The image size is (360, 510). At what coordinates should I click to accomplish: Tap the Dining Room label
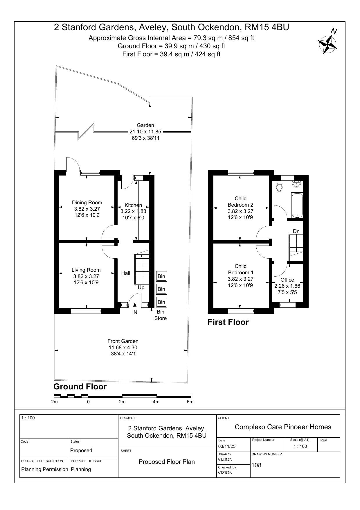click(x=87, y=203)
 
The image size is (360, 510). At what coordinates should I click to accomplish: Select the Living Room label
click(x=86, y=270)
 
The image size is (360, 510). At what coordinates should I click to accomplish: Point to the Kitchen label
click(x=133, y=205)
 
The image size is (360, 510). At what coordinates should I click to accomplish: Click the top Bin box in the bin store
click(x=161, y=276)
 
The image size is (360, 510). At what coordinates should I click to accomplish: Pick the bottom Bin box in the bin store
click(x=161, y=302)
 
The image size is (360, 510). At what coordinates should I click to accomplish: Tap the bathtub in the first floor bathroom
click(x=297, y=205)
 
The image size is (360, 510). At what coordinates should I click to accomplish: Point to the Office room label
click(x=287, y=280)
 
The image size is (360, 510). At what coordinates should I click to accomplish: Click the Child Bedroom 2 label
click(x=240, y=202)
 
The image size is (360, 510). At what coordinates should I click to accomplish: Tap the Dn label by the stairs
click(x=296, y=231)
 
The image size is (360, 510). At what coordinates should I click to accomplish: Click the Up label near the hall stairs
click(x=141, y=288)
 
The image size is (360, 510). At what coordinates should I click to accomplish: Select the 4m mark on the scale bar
click(x=156, y=402)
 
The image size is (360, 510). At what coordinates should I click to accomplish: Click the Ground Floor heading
click(x=80, y=387)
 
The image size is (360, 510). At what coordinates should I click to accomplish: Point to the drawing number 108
click(x=256, y=465)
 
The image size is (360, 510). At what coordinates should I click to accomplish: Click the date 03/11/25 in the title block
click(x=227, y=446)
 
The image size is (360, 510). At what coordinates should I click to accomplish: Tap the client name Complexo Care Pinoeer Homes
click(x=283, y=427)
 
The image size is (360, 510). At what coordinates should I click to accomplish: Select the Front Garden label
click(x=123, y=341)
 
